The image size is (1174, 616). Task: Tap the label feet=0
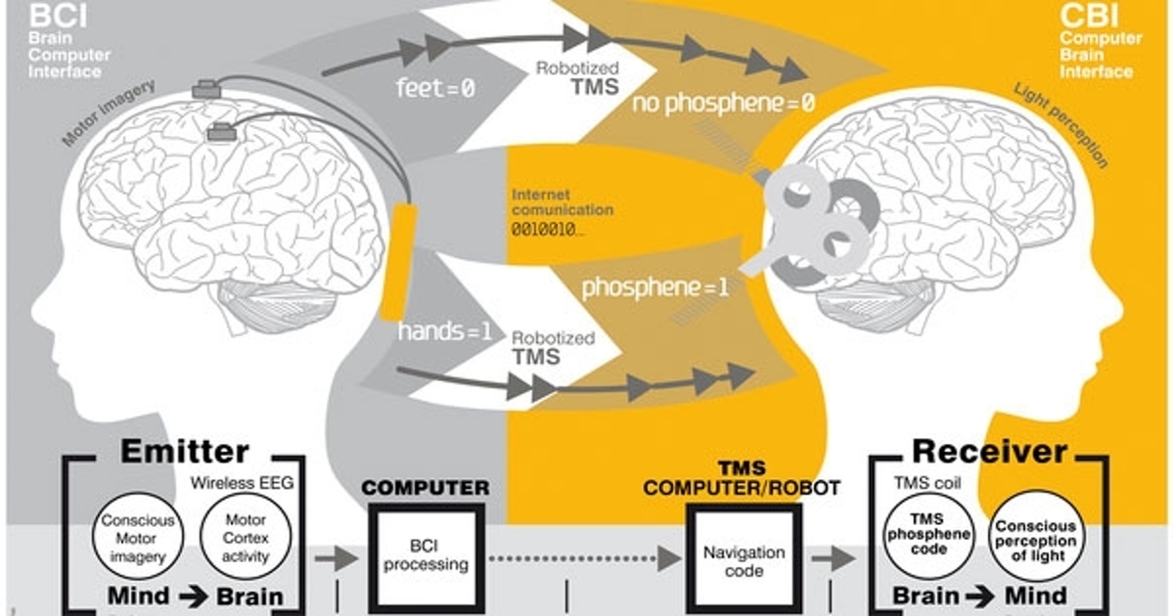point(434,88)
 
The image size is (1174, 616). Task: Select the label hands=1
point(444,330)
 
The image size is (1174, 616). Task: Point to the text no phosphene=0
point(723,104)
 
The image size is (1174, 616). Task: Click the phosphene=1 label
point(655,288)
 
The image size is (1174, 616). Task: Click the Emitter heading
point(184,452)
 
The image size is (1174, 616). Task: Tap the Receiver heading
point(989,452)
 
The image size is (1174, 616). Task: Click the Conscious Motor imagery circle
point(137,539)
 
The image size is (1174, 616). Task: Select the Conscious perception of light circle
point(1035,540)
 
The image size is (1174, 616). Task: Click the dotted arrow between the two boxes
point(585,558)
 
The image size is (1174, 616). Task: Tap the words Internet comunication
point(563,202)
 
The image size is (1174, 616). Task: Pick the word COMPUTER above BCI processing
point(426,486)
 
